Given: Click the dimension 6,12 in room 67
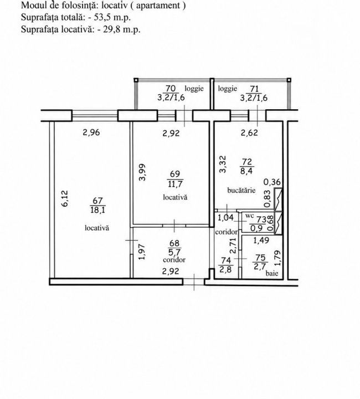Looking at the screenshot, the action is (65, 198).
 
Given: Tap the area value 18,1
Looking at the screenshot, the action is (97, 210).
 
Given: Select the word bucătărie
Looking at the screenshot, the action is (241, 190).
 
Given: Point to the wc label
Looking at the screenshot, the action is (249, 216).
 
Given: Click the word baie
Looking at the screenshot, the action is (272, 274).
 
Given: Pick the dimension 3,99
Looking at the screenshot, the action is (143, 172).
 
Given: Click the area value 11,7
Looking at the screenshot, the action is (175, 184).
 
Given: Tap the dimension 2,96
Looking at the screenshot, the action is (91, 132).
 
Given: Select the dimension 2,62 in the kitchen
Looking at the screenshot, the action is (249, 132).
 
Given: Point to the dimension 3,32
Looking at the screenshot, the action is (223, 165).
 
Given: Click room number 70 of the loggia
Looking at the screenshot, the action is (171, 89).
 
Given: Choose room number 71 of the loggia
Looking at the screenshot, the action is (254, 89).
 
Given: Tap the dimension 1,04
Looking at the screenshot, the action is (226, 218).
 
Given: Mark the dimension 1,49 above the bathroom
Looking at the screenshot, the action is (261, 241).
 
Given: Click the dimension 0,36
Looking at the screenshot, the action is (272, 182).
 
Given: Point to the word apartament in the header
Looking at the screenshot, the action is (158, 5).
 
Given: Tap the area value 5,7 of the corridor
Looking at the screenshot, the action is (174, 252).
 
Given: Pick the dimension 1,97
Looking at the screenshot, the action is (142, 252).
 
